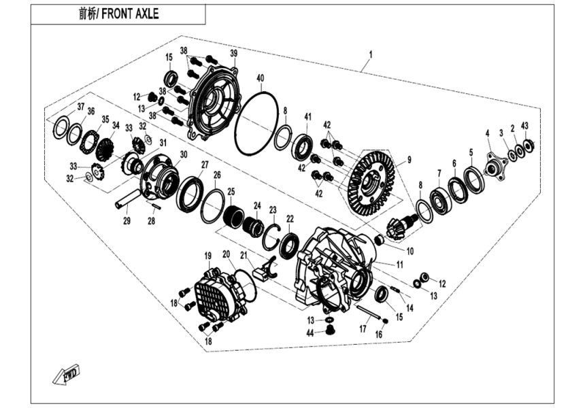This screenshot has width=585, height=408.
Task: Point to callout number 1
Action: point(371,53)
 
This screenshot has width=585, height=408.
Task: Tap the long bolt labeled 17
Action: point(371,313)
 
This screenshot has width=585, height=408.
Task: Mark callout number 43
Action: point(524,126)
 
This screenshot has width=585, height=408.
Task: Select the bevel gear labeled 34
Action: point(105,148)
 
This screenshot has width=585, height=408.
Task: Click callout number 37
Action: point(81,107)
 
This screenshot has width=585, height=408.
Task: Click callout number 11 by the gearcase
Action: point(399,263)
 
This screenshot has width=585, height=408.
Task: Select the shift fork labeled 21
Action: point(265,269)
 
